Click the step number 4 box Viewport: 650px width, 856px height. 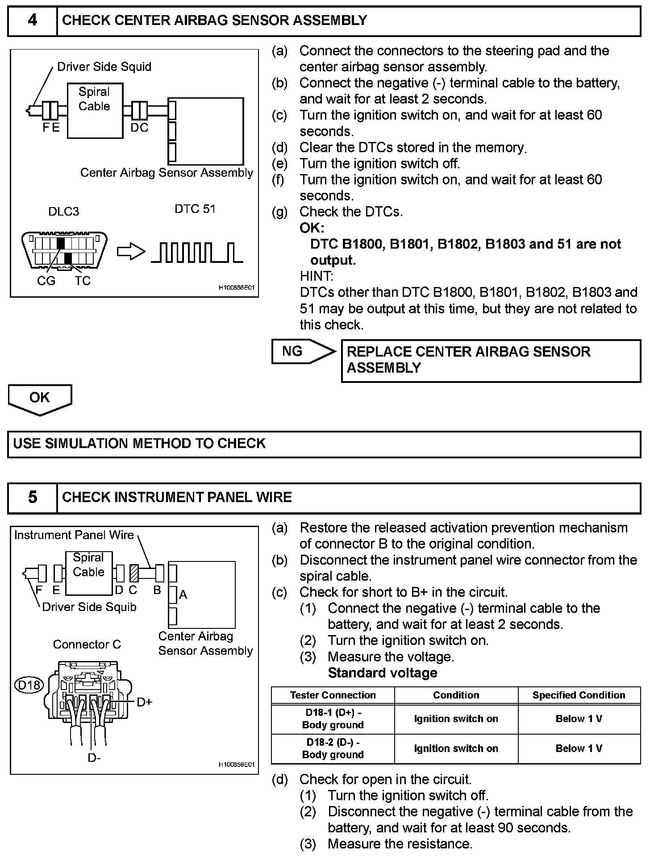pyautogui.click(x=33, y=21)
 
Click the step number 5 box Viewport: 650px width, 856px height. pyautogui.click(x=33, y=497)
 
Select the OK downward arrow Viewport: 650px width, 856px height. pyautogui.click(x=40, y=399)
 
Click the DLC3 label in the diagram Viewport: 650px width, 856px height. pyautogui.click(x=64, y=211)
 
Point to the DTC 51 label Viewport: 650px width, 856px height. pyautogui.click(x=195, y=209)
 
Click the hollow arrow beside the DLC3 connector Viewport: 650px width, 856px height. pyautogui.click(x=131, y=252)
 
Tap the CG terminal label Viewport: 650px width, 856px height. pyautogui.click(x=46, y=281)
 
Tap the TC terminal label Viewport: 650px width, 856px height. pyautogui.click(x=83, y=281)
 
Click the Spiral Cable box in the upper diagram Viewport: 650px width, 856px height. pyautogui.click(x=95, y=110)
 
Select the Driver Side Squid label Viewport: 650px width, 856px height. pyautogui.click(x=104, y=67)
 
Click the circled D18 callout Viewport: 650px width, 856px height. pyautogui.click(x=29, y=685)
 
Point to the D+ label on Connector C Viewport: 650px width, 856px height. pyautogui.click(x=145, y=702)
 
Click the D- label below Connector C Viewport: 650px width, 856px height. pyautogui.click(x=94, y=757)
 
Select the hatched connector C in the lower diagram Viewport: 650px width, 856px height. pyautogui.click(x=133, y=573)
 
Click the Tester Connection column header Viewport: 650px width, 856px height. pyautogui.click(x=333, y=695)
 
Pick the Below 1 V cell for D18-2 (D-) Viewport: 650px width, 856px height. pyautogui.click(x=579, y=748)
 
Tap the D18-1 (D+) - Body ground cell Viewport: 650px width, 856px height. pyautogui.click(x=333, y=719)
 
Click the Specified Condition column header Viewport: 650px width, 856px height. pyautogui.click(x=579, y=695)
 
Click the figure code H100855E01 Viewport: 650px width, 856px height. pyautogui.click(x=236, y=288)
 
